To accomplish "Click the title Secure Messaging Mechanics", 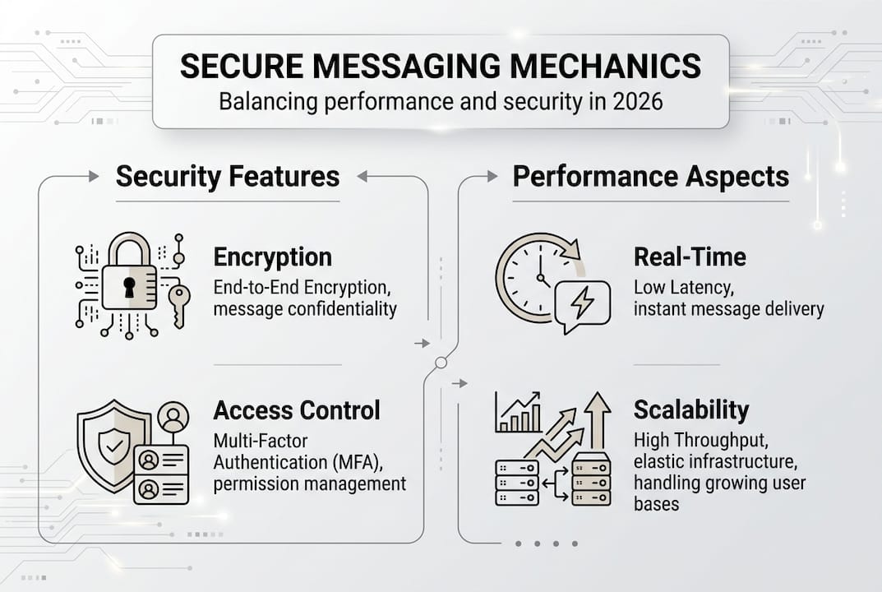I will (441, 66).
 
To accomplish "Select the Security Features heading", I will (228, 176).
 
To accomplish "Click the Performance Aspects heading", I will (650, 176).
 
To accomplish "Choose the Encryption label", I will (272, 257).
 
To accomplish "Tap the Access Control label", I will (296, 409).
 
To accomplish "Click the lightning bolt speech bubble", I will (582, 303).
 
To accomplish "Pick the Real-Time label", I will (690, 257).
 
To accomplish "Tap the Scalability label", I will (691, 409).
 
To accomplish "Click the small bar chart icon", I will (518, 413).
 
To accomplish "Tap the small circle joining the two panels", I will (441, 363).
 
